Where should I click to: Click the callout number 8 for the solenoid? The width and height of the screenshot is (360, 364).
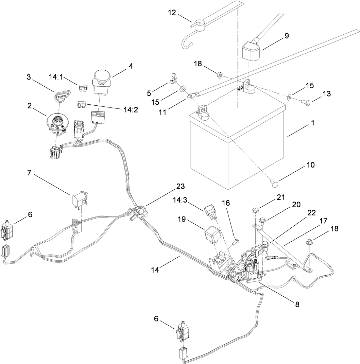[x=297, y=305]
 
